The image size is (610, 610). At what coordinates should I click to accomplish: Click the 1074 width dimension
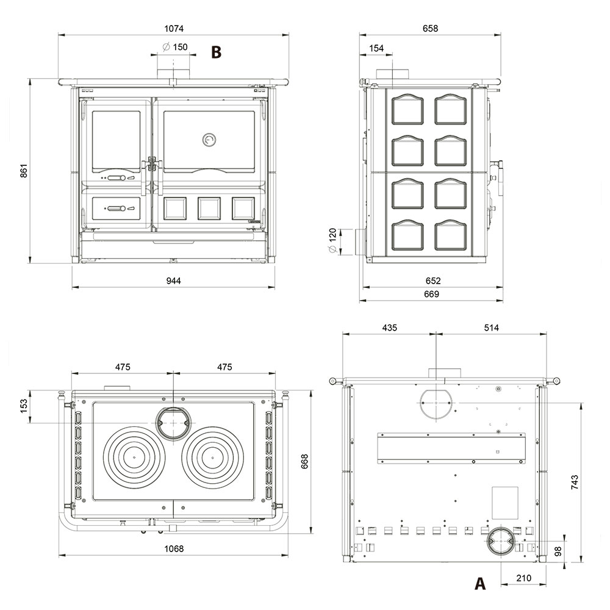click(173, 29)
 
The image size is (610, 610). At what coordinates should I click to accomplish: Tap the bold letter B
click(217, 52)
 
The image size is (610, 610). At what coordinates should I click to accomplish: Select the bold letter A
click(480, 583)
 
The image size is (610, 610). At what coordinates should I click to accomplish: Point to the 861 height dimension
click(24, 171)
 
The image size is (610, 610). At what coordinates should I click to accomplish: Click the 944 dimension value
click(173, 281)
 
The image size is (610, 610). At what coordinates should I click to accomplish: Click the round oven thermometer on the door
click(209, 140)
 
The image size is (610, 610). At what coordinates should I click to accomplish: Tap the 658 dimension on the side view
click(430, 29)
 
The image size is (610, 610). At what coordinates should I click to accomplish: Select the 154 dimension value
click(376, 48)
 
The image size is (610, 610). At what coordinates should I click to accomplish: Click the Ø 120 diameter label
click(332, 240)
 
